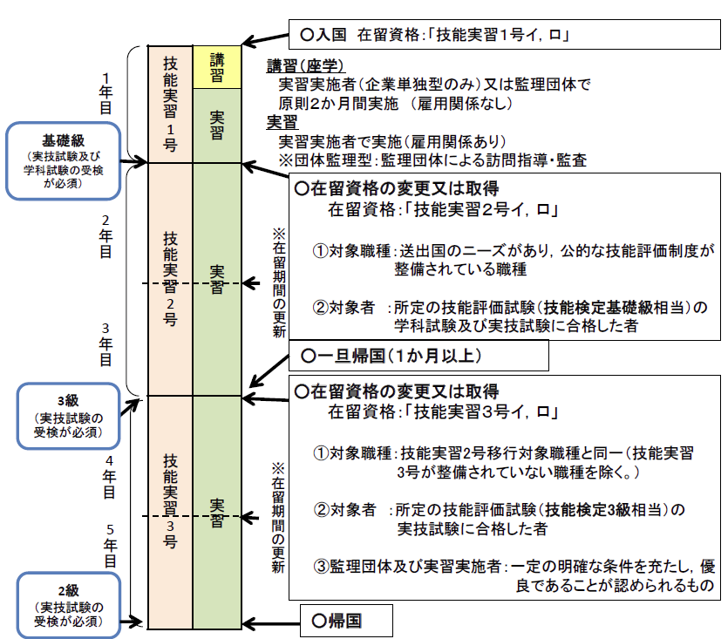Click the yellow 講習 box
217,66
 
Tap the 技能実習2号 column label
171,278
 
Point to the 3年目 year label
105,345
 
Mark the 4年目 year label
110,477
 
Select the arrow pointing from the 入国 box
265,39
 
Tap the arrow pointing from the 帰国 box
270,622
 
